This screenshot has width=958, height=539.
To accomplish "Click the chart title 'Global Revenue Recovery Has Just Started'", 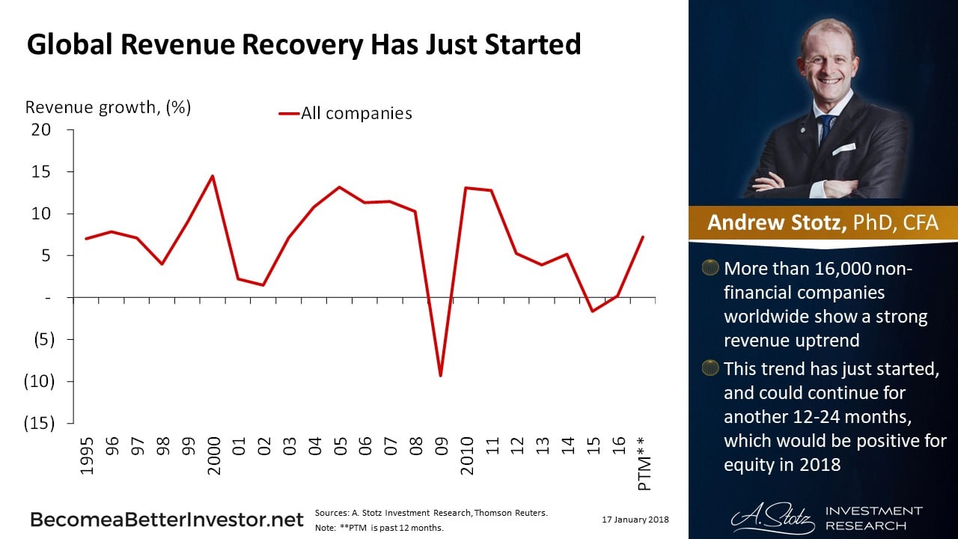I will coord(303,45).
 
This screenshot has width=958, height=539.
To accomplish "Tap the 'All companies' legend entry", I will coord(356,114).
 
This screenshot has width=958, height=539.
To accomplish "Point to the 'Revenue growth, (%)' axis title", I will coord(108,107).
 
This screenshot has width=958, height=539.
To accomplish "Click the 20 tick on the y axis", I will coord(42,130).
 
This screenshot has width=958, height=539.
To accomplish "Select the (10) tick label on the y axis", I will coord(39,381).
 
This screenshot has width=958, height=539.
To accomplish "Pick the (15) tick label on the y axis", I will coord(39,423).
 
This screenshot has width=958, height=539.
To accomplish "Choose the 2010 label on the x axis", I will coord(467,452).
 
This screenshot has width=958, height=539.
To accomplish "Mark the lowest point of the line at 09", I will coord(441,376).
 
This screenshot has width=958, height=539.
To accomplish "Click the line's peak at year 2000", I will coord(213,176).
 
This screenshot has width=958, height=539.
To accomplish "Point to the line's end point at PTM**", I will coord(643,237).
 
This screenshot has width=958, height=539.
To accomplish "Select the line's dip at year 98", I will coord(162,264).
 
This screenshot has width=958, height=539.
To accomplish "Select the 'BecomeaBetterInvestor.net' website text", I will coord(167,520).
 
